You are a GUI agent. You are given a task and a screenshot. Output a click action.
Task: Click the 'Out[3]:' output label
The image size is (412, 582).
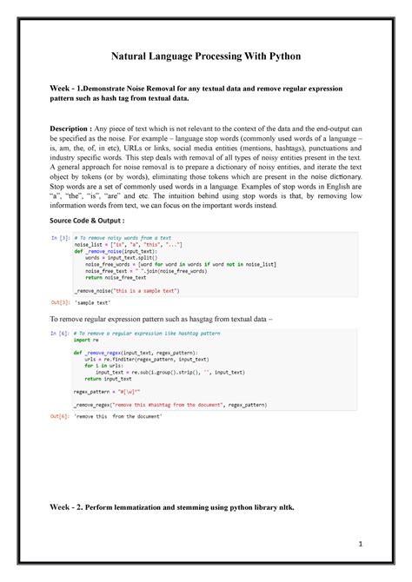[60, 301]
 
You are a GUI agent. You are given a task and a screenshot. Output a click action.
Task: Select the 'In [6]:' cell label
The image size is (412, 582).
[60, 333]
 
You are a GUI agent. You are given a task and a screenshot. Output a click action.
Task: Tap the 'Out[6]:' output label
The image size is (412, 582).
[60, 416]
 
